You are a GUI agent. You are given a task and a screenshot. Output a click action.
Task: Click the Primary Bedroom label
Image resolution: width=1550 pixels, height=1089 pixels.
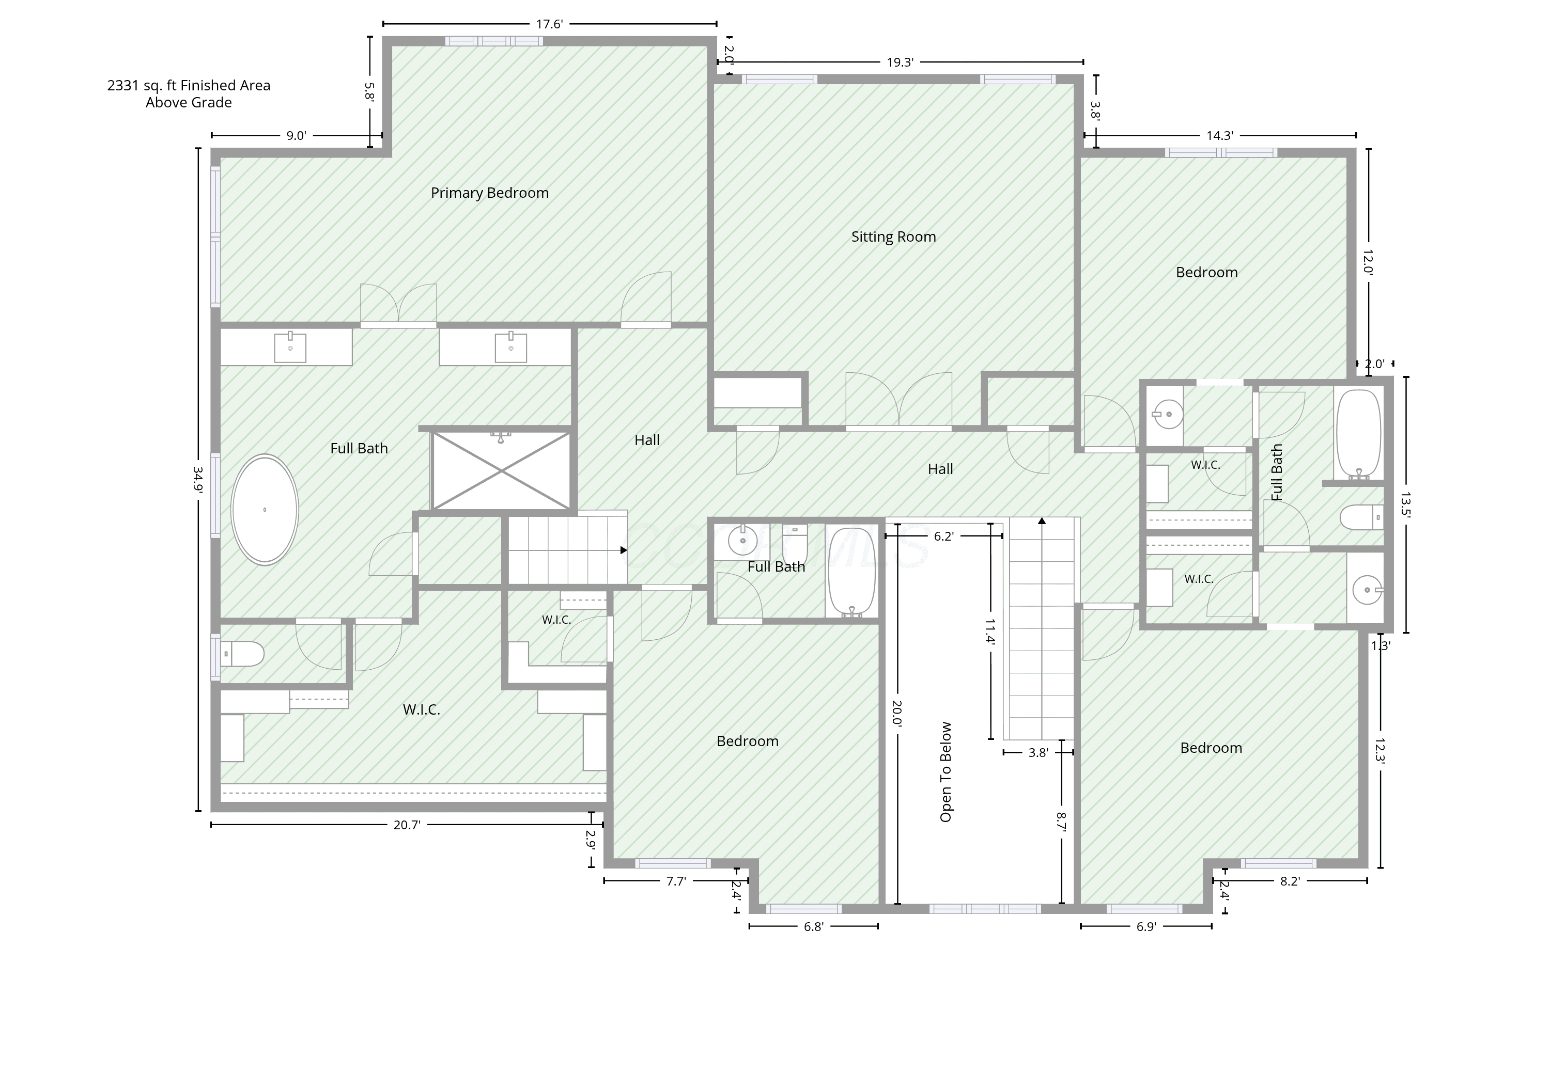489,193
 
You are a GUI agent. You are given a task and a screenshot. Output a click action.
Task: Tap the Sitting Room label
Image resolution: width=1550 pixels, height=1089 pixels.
893,237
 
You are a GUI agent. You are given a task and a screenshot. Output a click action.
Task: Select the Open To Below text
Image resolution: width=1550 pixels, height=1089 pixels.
946,772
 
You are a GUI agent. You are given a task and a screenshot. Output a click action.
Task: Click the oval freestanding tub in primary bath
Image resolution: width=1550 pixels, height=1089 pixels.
265,510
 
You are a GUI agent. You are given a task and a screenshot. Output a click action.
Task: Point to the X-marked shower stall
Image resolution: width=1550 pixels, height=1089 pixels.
501,470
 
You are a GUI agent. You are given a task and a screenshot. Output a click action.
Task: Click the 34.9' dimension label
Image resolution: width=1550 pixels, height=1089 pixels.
198,480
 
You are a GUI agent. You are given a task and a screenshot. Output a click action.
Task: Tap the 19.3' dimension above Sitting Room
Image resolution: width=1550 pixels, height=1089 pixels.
900,63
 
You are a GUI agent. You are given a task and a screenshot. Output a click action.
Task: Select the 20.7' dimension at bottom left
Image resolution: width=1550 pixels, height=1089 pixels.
407,825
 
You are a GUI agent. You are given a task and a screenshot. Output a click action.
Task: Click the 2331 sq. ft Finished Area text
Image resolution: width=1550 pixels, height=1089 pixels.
189,86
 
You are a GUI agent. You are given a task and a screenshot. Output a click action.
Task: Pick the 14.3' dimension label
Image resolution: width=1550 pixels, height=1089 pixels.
1220,136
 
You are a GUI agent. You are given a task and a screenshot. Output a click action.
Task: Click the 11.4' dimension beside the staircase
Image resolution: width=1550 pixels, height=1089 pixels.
990,631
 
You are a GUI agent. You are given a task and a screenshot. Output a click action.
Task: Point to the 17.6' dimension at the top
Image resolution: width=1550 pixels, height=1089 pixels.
550,24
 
